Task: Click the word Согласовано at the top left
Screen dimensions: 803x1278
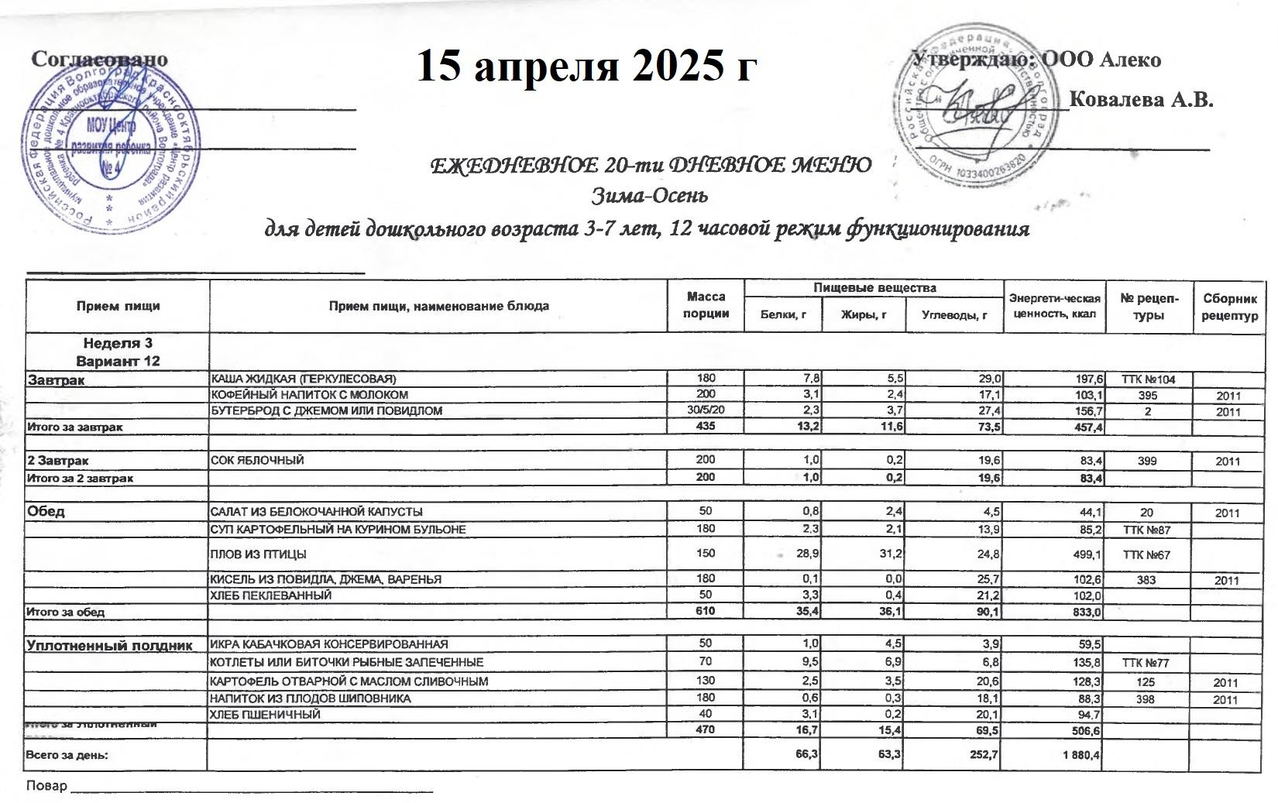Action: click(x=99, y=60)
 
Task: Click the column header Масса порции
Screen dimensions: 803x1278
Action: click(x=706, y=305)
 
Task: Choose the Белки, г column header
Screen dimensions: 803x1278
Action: click(x=783, y=315)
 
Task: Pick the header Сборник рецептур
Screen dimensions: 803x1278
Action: click(x=1230, y=306)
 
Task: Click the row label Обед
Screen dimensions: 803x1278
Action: click(x=46, y=512)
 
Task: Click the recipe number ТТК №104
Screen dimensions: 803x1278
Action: click(x=1149, y=379)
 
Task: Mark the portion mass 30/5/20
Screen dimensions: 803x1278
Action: click(x=706, y=410)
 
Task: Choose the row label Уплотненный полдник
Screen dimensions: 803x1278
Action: click(x=109, y=644)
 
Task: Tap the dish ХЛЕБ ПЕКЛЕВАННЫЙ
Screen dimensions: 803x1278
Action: click(x=271, y=595)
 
